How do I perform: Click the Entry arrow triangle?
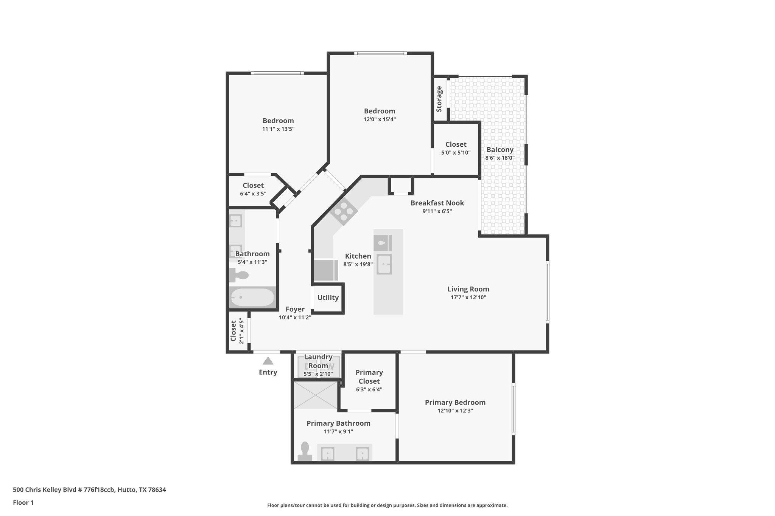[x=268, y=361]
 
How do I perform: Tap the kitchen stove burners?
[x=344, y=211]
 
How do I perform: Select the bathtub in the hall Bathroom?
[x=252, y=298]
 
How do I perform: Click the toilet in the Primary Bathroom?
[x=305, y=452]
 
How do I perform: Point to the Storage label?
[x=439, y=99]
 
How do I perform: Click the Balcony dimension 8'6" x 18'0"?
[x=500, y=158]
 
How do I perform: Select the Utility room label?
[x=328, y=298]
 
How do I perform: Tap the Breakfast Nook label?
[x=437, y=203]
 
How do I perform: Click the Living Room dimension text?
[x=468, y=298]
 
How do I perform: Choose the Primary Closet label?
[x=369, y=377]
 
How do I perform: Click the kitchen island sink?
[x=384, y=264]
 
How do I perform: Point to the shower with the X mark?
[x=316, y=395]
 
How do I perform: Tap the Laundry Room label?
[x=318, y=361]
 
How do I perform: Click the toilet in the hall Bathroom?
[x=238, y=275]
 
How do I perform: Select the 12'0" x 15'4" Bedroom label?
[x=380, y=111]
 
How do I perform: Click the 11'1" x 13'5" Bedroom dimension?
[x=278, y=129]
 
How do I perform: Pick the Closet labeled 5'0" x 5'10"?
[x=456, y=144]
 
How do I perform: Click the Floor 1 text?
[x=23, y=502]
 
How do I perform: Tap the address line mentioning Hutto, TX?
[x=89, y=490]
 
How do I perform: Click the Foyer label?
[x=295, y=309]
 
